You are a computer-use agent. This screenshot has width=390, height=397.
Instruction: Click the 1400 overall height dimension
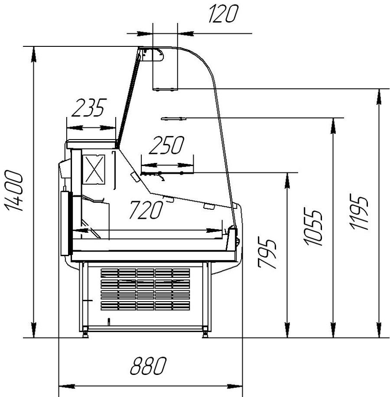tap(14, 190)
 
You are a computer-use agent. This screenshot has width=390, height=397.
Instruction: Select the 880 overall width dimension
tap(148, 366)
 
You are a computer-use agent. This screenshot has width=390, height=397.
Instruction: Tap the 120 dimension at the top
tap(224, 14)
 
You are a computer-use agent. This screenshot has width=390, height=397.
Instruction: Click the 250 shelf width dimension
tap(167, 145)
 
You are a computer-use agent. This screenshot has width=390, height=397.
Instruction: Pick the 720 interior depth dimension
tap(146, 210)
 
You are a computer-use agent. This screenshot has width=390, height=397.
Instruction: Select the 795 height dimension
tap(267, 253)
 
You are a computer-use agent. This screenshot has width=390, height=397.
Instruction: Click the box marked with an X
tap(94, 169)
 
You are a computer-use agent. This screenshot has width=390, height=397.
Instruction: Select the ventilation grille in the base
tap(145, 290)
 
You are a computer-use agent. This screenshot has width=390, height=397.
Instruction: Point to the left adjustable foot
tap(85, 333)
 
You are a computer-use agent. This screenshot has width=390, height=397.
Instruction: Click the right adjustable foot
tap(205, 333)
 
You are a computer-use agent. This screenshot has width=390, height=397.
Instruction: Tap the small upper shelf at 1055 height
tap(174, 118)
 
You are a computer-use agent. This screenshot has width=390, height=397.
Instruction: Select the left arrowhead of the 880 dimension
tap(67, 387)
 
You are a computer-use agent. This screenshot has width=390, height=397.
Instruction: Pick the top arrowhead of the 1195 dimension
tap(379, 97)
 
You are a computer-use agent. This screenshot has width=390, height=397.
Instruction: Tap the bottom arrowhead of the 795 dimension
tap(287, 330)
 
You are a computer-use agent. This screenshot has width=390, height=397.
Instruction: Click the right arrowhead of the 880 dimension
tap(234, 387)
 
